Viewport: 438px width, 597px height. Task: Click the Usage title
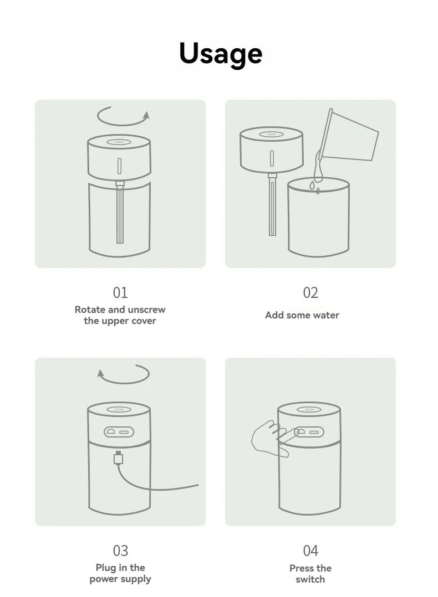point(220,53)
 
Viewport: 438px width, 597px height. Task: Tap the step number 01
point(120,292)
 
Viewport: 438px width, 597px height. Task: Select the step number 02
point(310,292)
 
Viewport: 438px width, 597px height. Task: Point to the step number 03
point(120,550)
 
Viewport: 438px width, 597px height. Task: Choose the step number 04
point(310,550)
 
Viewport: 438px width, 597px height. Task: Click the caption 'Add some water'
point(302,315)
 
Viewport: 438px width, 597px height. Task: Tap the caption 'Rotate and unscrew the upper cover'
point(120,315)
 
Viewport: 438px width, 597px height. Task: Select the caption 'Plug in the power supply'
point(120,573)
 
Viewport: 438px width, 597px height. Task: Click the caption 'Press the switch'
point(310,573)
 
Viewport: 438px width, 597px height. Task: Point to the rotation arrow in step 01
point(123,116)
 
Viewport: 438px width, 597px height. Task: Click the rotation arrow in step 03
point(123,374)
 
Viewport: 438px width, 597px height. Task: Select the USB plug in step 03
point(118,458)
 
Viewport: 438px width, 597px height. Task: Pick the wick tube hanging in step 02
point(272,204)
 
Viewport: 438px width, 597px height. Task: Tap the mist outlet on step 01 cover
point(119,142)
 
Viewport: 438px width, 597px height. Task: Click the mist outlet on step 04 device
point(308,410)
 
